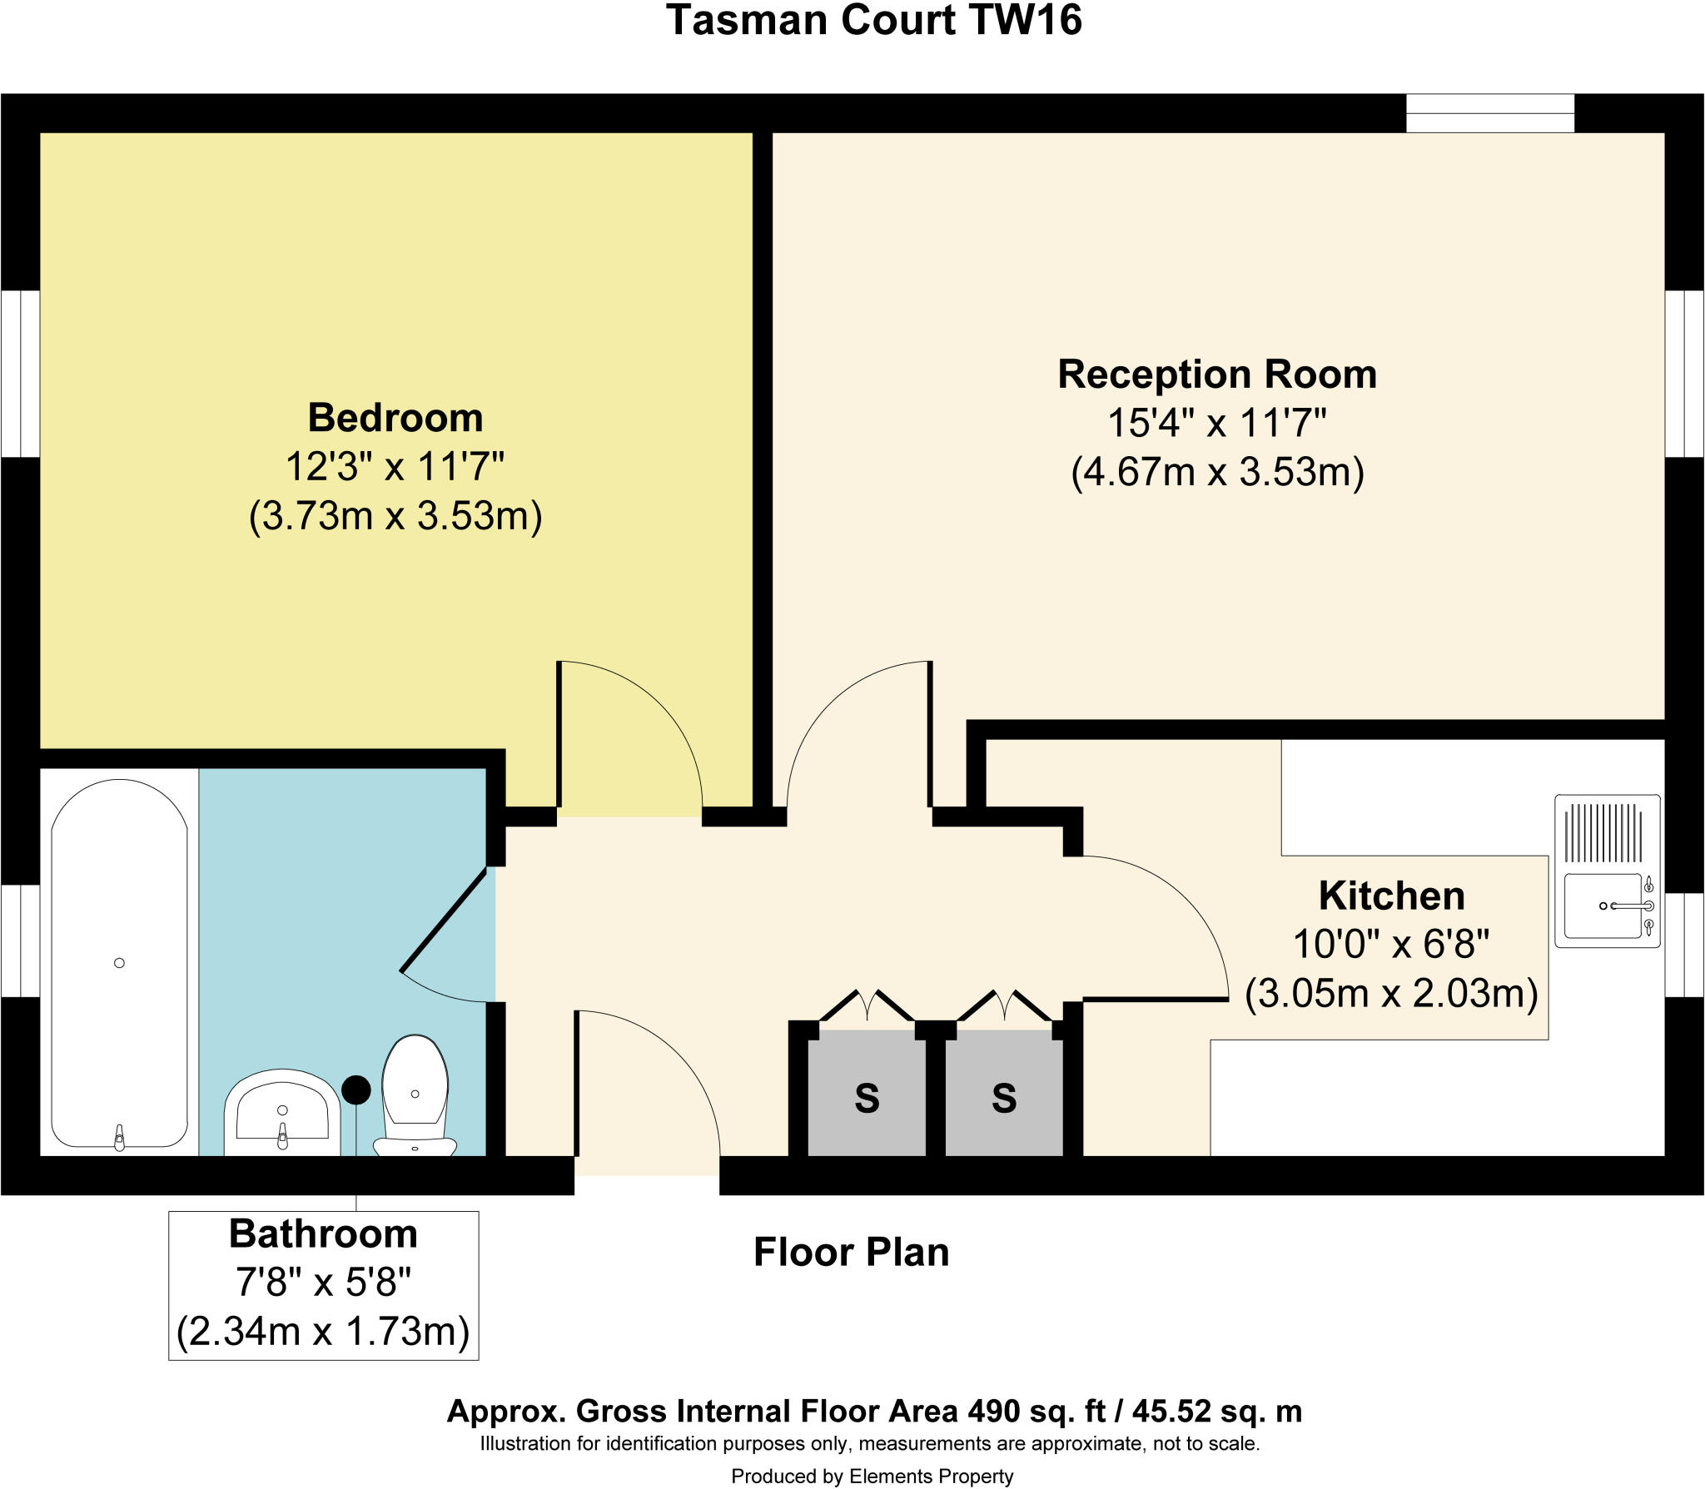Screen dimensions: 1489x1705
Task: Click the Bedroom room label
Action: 395,418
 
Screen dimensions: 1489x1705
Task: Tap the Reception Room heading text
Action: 1216,375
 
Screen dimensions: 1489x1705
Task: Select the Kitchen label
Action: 1391,896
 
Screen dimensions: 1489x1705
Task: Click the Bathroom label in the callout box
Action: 323,1234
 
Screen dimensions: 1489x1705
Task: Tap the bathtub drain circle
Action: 119,963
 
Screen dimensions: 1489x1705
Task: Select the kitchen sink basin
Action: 1603,906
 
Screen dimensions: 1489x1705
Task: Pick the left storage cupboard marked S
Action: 867,1098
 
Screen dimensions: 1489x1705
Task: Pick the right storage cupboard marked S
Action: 1004,1098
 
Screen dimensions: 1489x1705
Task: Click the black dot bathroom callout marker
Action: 356,1089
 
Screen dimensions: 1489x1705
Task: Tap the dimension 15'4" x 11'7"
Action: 1216,424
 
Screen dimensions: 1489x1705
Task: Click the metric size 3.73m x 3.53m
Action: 395,516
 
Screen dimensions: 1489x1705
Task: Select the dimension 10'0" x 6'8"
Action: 1391,945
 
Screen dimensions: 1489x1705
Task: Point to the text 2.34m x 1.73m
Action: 323,1331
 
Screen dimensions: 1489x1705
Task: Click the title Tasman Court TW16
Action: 873,20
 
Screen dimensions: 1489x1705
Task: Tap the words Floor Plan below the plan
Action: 851,1253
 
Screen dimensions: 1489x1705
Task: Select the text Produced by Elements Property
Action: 872,1477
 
